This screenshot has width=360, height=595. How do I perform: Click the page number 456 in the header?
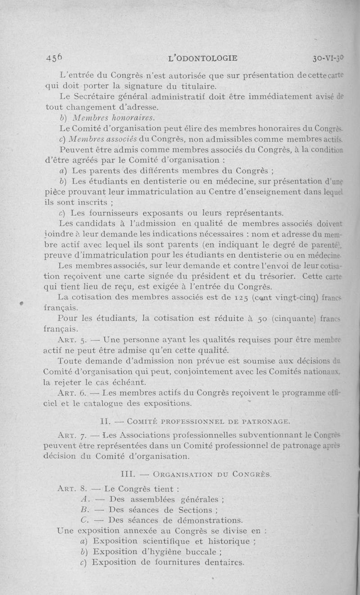tap(54, 58)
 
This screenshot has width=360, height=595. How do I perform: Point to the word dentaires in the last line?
tap(219, 562)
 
